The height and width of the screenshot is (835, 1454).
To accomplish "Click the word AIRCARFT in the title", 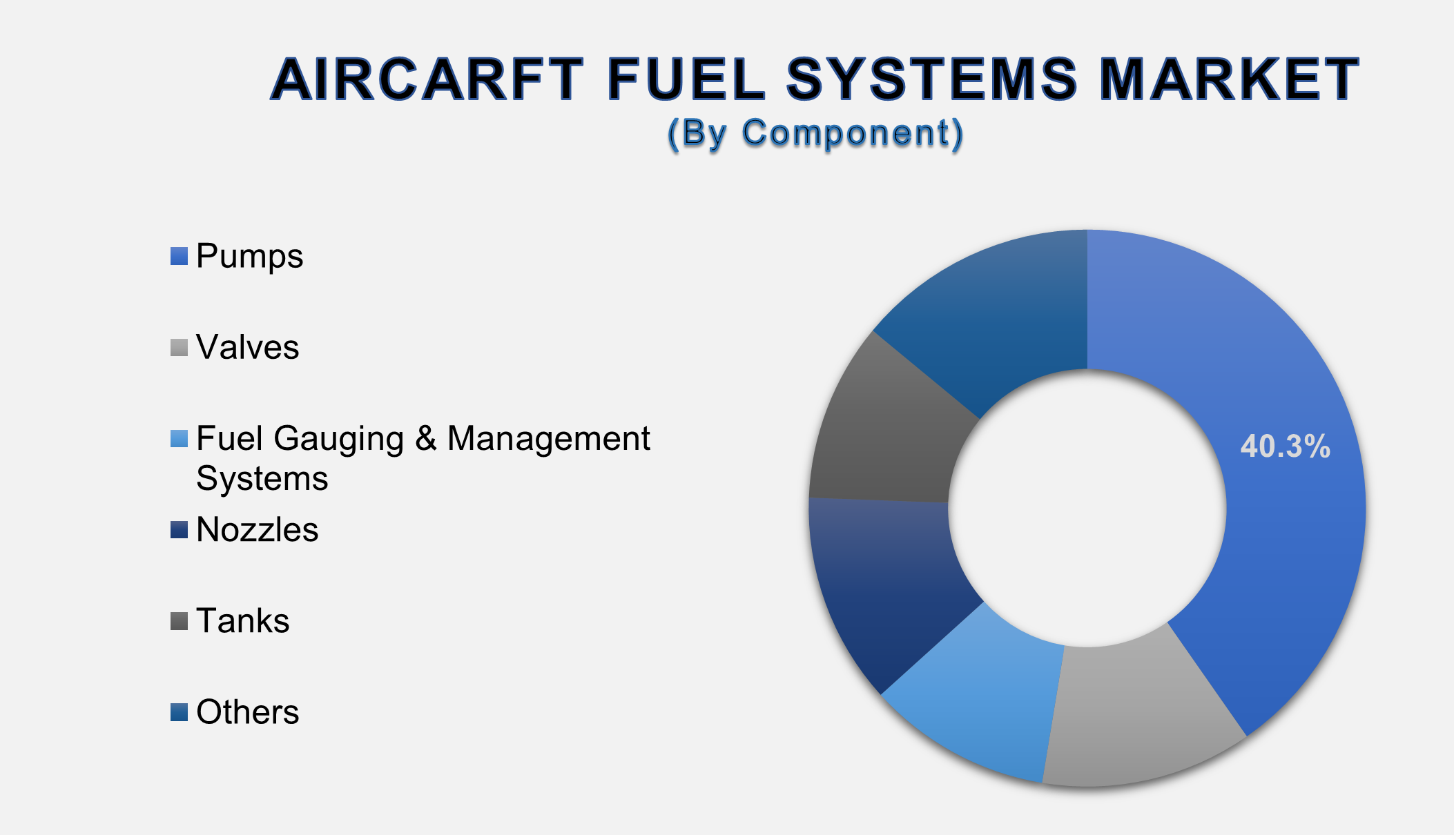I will tap(427, 79).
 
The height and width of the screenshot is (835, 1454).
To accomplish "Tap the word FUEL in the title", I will tap(686, 79).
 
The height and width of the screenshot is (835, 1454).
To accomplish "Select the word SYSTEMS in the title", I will tap(931, 79).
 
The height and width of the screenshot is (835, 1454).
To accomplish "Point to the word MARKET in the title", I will tap(1229, 79).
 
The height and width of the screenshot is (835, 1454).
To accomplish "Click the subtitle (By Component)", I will tap(815, 132).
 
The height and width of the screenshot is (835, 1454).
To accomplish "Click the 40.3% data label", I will tap(1285, 446).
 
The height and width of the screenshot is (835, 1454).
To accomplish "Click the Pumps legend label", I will tap(249, 256).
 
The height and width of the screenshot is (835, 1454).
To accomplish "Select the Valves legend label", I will tap(247, 347).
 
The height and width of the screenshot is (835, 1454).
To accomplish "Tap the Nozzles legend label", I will tap(257, 530).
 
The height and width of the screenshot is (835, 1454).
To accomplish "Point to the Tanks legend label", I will tap(242, 621).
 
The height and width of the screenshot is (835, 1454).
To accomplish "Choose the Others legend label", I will tap(247, 712).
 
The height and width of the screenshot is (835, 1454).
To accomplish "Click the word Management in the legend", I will tap(548, 439).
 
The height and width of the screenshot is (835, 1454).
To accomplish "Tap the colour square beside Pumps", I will tap(179, 257).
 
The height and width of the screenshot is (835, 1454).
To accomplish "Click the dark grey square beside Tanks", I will tap(179, 621).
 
